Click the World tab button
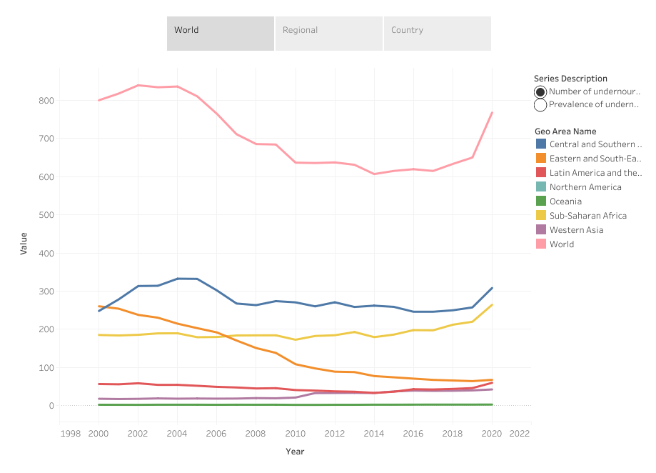pyautogui.click(x=221, y=33)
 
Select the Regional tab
pyautogui.click(x=329, y=33)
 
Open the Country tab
pyautogui.click(x=438, y=33)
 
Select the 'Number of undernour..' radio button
pyautogui.click(x=541, y=91)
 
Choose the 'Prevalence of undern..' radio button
pyautogui.click(x=541, y=105)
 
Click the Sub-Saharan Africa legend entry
pyautogui.click(x=588, y=216)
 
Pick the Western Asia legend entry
pyautogui.click(x=576, y=230)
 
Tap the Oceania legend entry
pyautogui.click(x=565, y=201)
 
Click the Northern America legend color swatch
pyautogui.click(x=541, y=187)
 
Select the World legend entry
pyautogui.click(x=562, y=244)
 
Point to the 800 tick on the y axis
pyautogui.click(x=46, y=101)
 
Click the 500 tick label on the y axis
pyautogui.click(x=46, y=215)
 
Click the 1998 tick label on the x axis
pyautogui.click(x=70, y=434)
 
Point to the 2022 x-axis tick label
pyautogui.click(x=520, y=434)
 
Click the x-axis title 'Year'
pyautogui.click(x=295, y=452)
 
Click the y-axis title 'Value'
pyautogui.click(x=24, y=244)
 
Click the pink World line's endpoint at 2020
pyautogui.click(x=492, y=113)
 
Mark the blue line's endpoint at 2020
pyautogui.click(x=492, y=288)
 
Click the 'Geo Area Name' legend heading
pyautogui.click(x=565, y=131)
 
